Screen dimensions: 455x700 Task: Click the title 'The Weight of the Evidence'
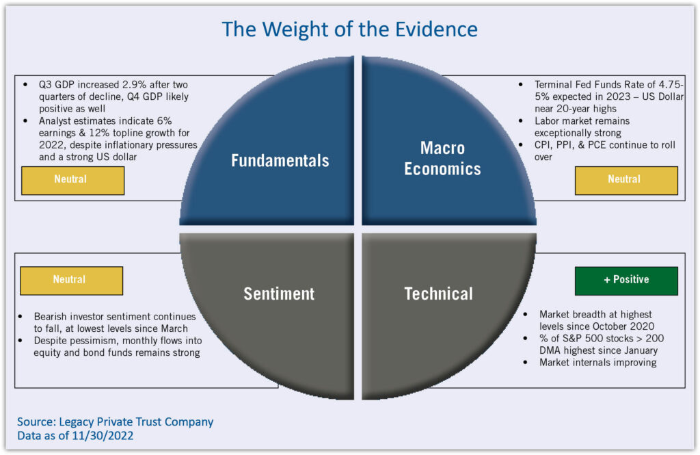point(349,29)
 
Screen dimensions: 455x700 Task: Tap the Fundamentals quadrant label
point(280,161)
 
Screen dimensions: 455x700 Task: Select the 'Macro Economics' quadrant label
point(442,159)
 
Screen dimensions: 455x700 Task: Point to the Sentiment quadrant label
point(279,294)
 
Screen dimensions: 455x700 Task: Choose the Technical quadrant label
point(438,294)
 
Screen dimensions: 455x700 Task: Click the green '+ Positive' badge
point(626,280)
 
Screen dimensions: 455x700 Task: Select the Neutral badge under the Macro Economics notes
point(625,179)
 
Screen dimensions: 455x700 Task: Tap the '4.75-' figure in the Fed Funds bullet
point(670,86)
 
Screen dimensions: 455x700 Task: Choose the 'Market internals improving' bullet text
point(597,363)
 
